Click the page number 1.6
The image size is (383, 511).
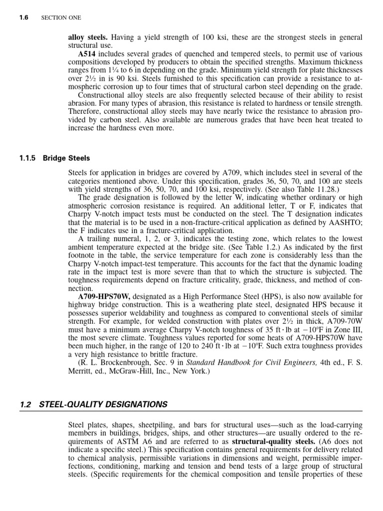[23, 17]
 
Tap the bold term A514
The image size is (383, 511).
[87, 54]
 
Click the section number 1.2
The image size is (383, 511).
[26, 404]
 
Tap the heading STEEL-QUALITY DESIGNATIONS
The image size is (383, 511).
[103, 404]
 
